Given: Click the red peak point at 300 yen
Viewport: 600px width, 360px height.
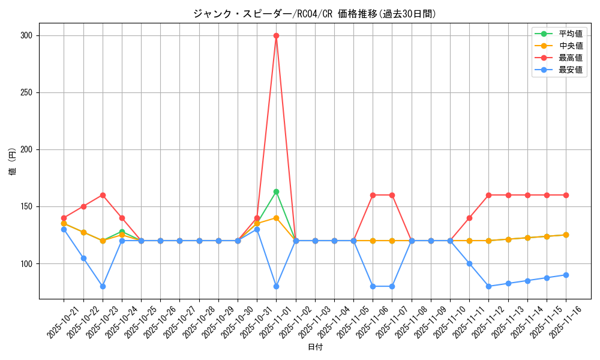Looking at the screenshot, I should point(276,35).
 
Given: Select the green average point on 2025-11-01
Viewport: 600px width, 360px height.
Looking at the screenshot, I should point(276,191).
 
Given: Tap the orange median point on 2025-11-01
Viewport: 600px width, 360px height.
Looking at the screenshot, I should point(276,218).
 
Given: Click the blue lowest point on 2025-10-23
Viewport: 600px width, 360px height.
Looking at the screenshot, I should point(103,286).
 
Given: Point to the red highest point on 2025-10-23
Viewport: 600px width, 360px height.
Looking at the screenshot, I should point(103,195).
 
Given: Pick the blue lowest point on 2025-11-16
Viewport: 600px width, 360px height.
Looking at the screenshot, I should point(566,275).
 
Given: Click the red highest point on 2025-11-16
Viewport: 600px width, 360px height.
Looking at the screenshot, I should point(566,195).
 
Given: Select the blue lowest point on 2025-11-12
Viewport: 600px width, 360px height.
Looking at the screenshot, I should point(488,286).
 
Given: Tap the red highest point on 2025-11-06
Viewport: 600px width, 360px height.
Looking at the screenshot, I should point(373,195).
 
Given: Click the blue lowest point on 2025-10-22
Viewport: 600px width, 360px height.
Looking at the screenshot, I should point(83,258).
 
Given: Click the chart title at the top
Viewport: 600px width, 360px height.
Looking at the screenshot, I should point(314,14).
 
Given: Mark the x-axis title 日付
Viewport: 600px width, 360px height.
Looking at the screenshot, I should point(315,347).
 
